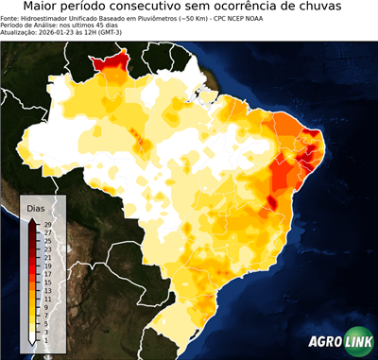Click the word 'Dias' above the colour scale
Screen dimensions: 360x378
36,207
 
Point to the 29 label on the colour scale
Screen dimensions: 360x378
46,223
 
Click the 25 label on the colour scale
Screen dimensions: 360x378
46,240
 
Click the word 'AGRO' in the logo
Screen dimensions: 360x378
323,342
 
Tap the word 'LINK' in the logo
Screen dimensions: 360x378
355,342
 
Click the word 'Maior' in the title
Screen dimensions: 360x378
46,7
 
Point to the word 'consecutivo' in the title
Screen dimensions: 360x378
168,7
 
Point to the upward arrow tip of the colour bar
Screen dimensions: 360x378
32,220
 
